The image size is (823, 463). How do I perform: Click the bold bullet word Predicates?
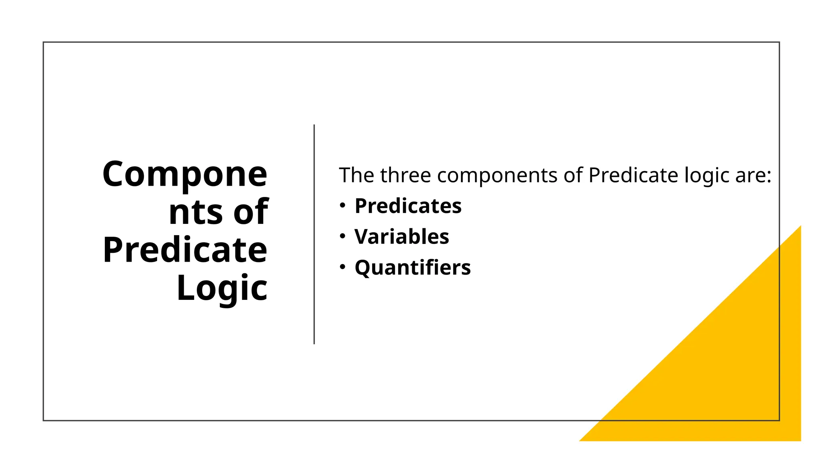407,206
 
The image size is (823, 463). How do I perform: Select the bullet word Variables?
401,237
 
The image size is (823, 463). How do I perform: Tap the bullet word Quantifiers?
412,268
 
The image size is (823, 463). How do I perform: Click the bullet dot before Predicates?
342,206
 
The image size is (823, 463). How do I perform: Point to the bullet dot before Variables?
342,236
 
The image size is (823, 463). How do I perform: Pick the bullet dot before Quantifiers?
342,267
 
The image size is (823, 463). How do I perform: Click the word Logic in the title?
222,288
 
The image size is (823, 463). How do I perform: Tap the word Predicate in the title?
185,250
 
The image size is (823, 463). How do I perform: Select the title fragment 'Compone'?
185,174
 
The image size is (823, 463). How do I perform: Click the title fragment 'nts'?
195,212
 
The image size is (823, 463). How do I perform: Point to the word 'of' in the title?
251,212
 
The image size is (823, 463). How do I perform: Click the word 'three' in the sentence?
405,175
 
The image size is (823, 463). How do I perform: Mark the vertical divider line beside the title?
314,234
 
